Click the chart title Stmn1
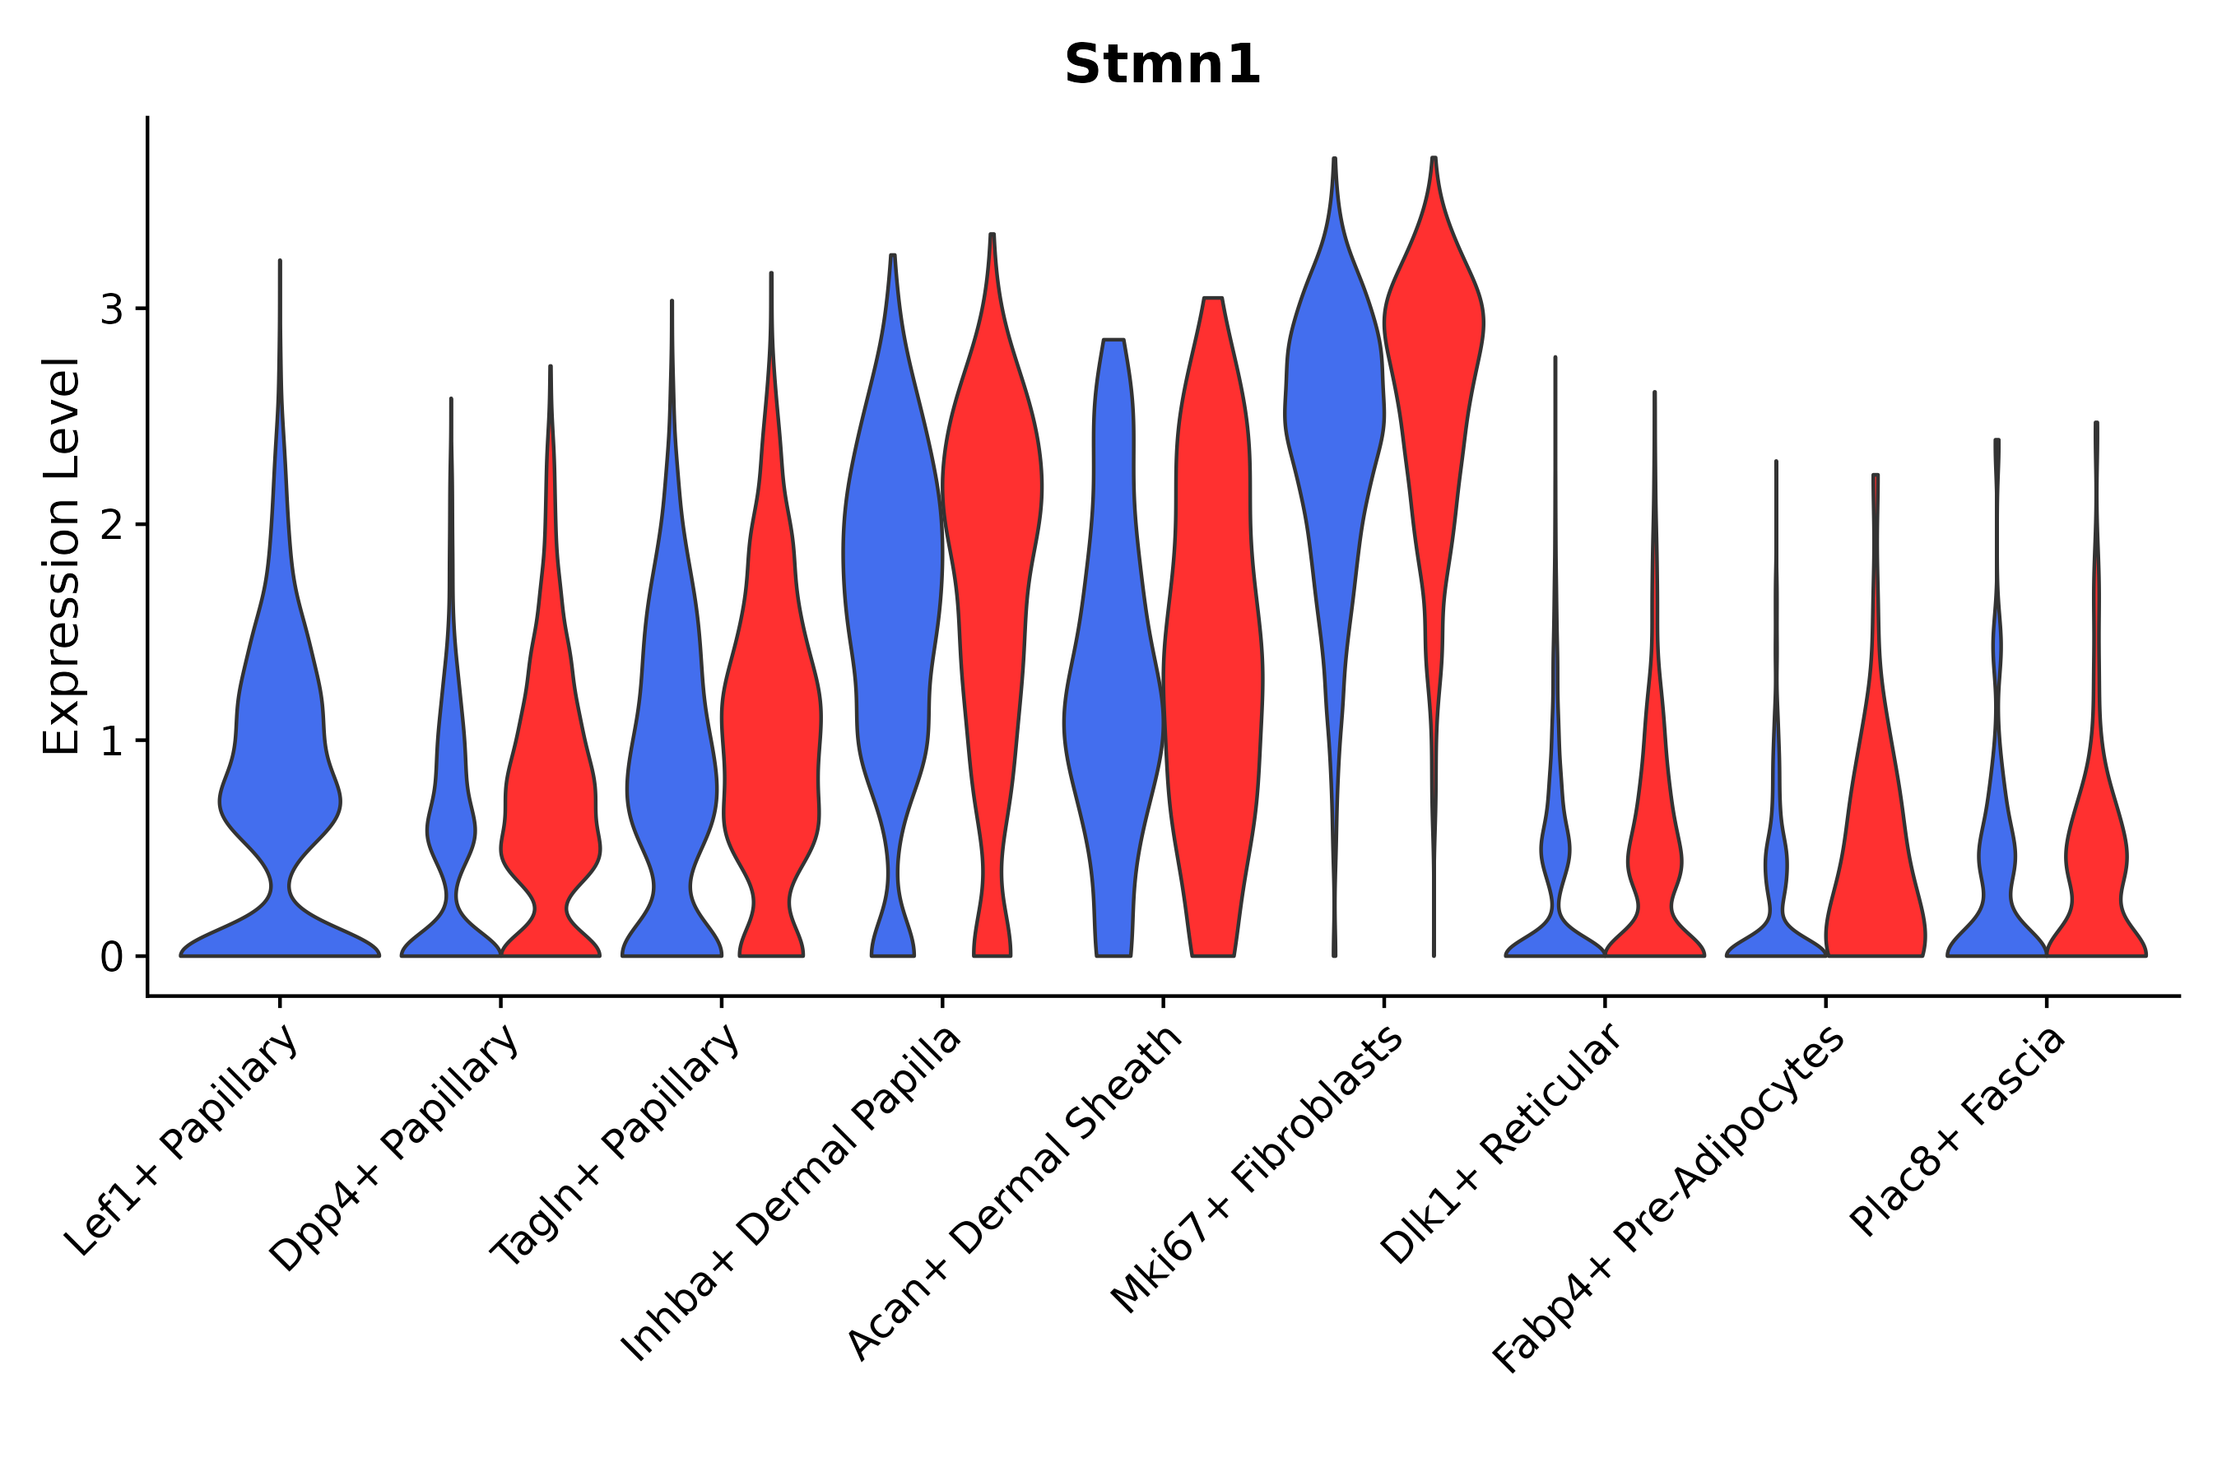(x=1162, y=65)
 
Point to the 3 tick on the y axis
(x=111, y=309)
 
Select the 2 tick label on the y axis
(x=111, y=525)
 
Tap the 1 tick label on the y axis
(x=111, y=741)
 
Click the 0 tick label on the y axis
(x=111, y=958)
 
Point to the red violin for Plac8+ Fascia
(x=2095, y=850)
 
